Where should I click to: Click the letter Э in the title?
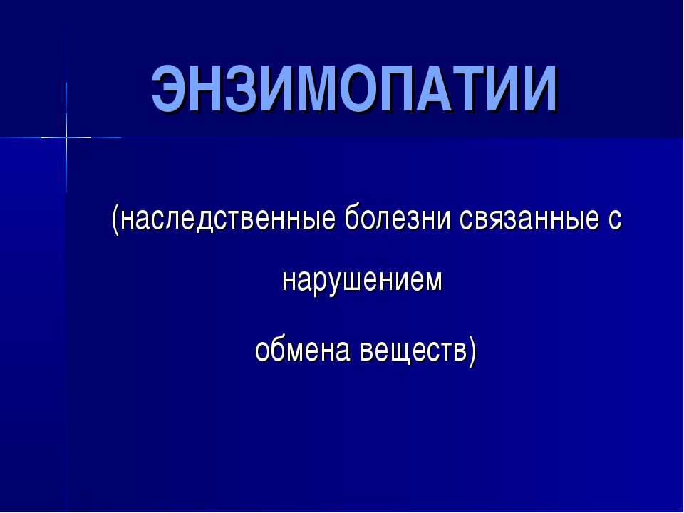click(169, 90)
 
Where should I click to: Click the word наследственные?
click(228, 219)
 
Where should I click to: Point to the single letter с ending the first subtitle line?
click(615, 220)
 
